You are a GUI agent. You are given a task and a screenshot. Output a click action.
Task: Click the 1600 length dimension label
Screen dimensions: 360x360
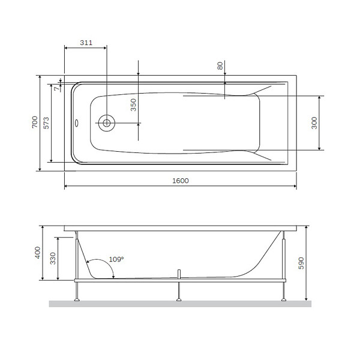[x=180, y=181]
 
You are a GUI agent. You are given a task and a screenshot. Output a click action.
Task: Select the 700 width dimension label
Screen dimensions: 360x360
[x=35, y=123]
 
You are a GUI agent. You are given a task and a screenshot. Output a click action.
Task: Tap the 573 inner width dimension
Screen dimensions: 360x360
[x=46, y=123]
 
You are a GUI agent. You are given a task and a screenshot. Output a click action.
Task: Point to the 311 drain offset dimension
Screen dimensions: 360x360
[x=86, y=43]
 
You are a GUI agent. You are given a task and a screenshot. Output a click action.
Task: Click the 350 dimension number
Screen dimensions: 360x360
[x=134, y=106]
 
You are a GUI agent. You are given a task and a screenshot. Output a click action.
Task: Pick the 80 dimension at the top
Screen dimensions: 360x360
[x=220, y=65]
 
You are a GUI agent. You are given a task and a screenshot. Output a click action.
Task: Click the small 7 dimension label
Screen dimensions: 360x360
[x=56, y=88]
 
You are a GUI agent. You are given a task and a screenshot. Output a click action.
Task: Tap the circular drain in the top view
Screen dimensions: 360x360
[x=106, y=123]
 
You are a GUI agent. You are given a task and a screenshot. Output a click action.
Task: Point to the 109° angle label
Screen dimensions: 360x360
[x=116, y=260]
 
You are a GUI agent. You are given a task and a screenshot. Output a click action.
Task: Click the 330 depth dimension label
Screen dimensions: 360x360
[x=53, y=259]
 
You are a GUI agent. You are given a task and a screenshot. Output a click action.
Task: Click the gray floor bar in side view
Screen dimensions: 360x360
[x=180, y=304]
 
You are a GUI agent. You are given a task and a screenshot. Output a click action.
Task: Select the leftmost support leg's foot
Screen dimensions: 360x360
[x=77, y=299]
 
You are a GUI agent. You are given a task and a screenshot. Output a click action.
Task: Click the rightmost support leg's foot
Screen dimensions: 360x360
[x=283, y=299]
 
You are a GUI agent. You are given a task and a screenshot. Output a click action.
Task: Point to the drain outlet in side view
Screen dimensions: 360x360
[x=178, y=274]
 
